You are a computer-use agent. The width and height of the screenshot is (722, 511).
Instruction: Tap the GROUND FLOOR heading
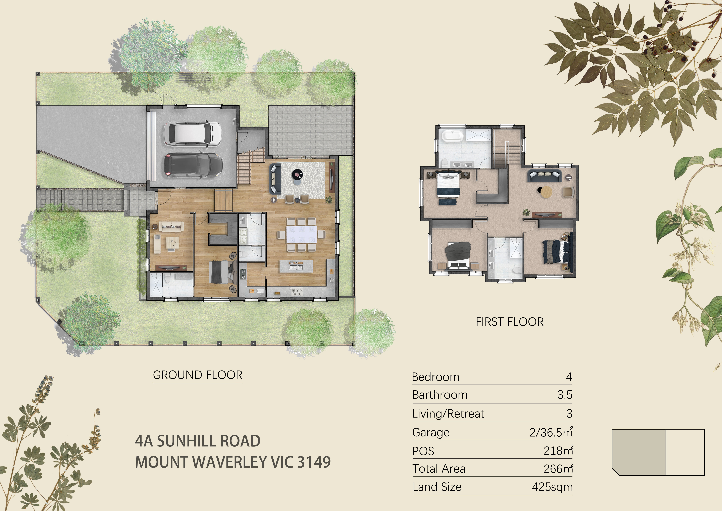198,375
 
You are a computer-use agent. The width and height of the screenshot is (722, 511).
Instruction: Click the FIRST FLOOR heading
510,322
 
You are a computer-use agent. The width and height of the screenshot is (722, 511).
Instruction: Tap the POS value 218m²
558,451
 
